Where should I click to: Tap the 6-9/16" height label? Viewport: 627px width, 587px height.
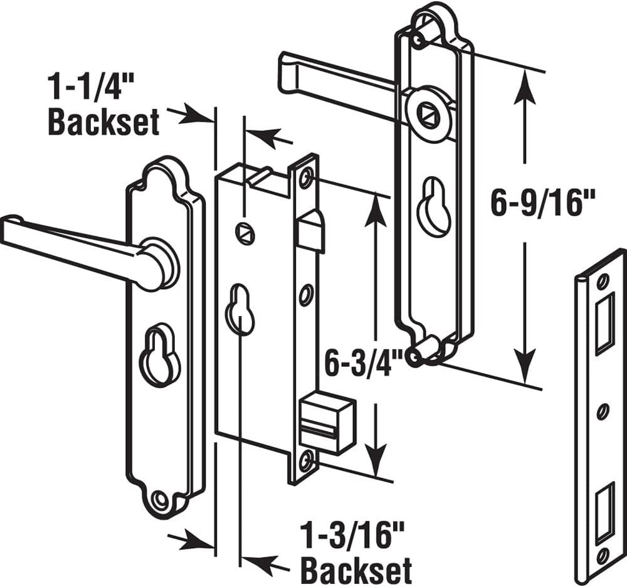point(542,203)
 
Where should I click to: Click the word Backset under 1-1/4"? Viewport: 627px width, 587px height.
point(103,122)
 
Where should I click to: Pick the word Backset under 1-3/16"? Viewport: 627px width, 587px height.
point(356,571)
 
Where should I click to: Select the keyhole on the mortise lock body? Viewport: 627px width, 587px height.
point(240,309)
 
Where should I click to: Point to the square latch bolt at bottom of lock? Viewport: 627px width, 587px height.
point(326,425)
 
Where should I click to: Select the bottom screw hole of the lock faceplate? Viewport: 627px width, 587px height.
point(307,462)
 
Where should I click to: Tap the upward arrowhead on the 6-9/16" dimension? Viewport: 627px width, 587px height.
point(525,88)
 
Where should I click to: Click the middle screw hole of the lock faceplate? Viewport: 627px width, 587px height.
point(306,294)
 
